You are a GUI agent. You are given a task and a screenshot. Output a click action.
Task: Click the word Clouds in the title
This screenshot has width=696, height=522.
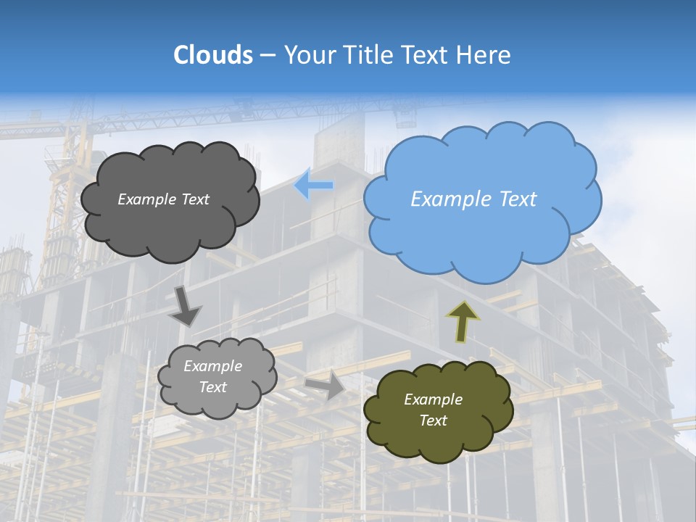[212, 55]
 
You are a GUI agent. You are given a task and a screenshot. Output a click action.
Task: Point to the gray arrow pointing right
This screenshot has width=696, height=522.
[326, 385]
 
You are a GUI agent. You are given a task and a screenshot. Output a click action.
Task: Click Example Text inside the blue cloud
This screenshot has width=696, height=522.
[473, 199]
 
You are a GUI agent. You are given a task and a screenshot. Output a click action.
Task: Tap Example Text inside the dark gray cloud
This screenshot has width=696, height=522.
[163, 199]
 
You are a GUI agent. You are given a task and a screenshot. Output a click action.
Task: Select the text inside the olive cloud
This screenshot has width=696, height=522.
[433, 410]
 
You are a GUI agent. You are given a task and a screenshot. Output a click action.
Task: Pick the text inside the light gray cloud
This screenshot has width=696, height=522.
[212, 376]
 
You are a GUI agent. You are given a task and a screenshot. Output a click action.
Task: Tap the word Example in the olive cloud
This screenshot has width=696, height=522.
[433, 399]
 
